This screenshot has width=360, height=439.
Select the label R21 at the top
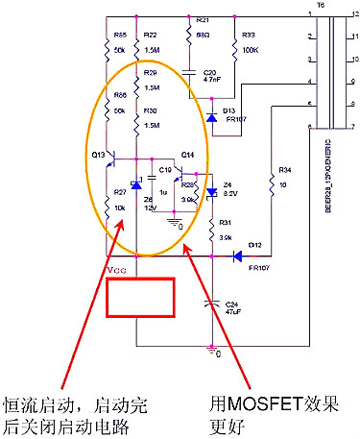pyautogui.click(x=202, y=19)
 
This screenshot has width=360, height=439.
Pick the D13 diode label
pyautogui.click(x=229, y=111)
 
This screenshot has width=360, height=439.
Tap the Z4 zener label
pyautogui.click(x=228, y=183)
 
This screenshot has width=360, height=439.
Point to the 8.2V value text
pyautogui.click(x=229, y=193)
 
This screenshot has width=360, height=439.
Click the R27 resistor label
pyautogui.click(x=121, y=197)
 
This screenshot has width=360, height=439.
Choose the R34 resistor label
pyautogui.click(x=284, y=170)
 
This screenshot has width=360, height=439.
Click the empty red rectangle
pyautogui.click(x=140, y=299)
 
